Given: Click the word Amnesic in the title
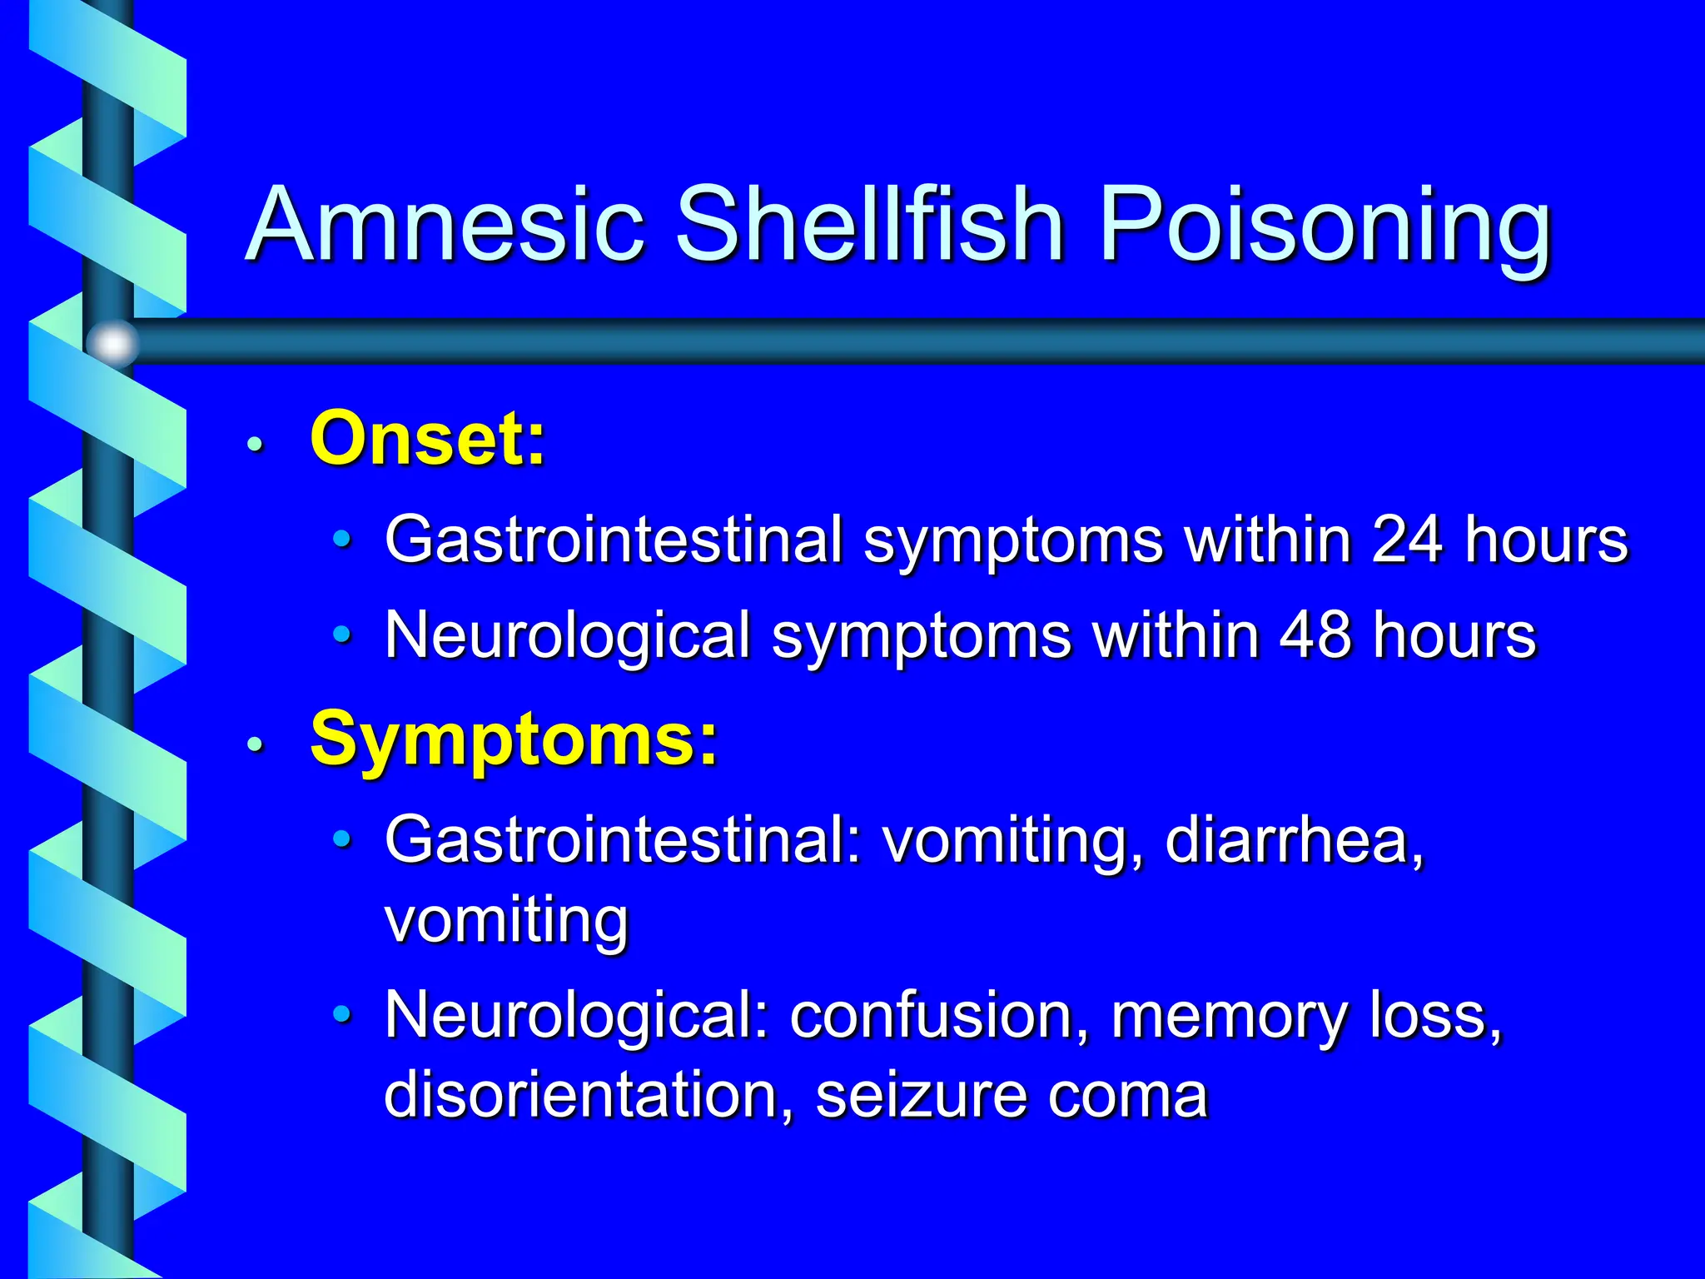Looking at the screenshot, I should (447, 225).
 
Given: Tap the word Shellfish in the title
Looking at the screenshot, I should (870, 225).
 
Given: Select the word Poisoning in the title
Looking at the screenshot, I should (1325, 229).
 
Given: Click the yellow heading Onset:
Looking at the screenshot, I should (428, 439).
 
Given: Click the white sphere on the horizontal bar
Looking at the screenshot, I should (113, 342).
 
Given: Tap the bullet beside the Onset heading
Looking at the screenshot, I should (256, 444).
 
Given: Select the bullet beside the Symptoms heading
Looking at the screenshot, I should (256, 744).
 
